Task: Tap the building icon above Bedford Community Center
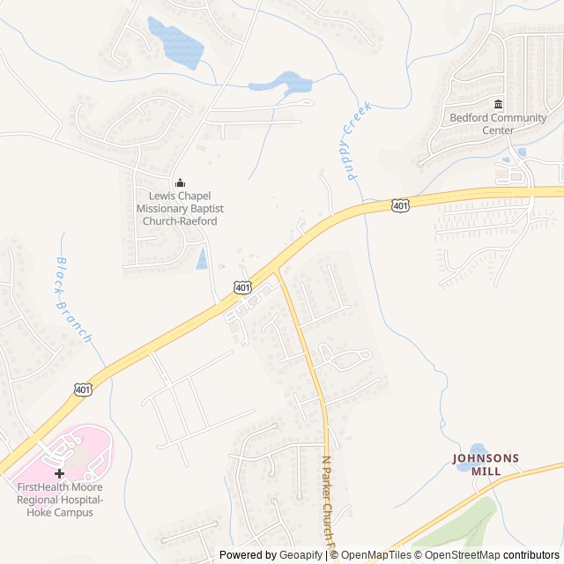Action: (x=498, y=105)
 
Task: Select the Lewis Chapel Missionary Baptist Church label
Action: (x=176, y=209)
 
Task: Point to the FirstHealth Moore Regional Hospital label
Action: (x=60, y=499)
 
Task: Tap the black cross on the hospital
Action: (x=60, y=473)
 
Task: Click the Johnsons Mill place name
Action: (x=486, y=464)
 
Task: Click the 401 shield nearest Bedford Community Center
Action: (x=400, y=205)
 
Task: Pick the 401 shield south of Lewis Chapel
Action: (x=242, y=287)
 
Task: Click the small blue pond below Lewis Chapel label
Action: (x=202, y=258)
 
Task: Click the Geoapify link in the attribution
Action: (x=301, y=555)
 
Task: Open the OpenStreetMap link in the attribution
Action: (x=459, y=555)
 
